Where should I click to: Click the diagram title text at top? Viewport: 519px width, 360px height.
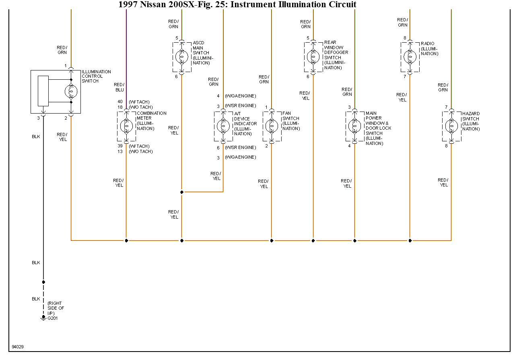[x=237, y=5]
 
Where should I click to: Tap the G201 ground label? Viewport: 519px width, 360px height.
[x=53, y=318]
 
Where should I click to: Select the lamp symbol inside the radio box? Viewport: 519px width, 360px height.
[x=410, y=57]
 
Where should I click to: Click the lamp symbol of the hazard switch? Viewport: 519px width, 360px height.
[x=451, y=126]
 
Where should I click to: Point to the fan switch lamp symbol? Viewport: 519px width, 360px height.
[x=272, y=126]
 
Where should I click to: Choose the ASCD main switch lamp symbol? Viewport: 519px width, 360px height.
[x=181, y=57]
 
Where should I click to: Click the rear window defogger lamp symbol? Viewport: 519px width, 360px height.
[x=313, y=57]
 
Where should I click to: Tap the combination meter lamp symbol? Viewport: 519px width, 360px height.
[x=126, y=126]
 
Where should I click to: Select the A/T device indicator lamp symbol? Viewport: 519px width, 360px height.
[x=223, y=126]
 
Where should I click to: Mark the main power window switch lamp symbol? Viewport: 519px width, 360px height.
[x=354, y=126]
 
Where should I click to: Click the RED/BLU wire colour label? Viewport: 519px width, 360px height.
[x=119, y=87]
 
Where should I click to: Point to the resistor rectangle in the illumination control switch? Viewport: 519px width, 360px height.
[x=43, y=91]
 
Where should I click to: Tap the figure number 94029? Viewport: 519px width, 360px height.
[x=18, y=347]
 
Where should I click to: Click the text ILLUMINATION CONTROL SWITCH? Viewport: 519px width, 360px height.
[x=96, y=76]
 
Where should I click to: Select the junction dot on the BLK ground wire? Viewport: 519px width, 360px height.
[x=43, y=282]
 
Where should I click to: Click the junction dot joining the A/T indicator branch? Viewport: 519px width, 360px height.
[x=182, y=192]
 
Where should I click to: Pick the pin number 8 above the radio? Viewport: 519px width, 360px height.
[x=405, y=38]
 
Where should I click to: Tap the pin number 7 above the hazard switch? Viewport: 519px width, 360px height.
[x=446, y=107]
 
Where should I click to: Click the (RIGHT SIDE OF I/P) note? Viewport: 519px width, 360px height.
[x=56, y=308]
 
